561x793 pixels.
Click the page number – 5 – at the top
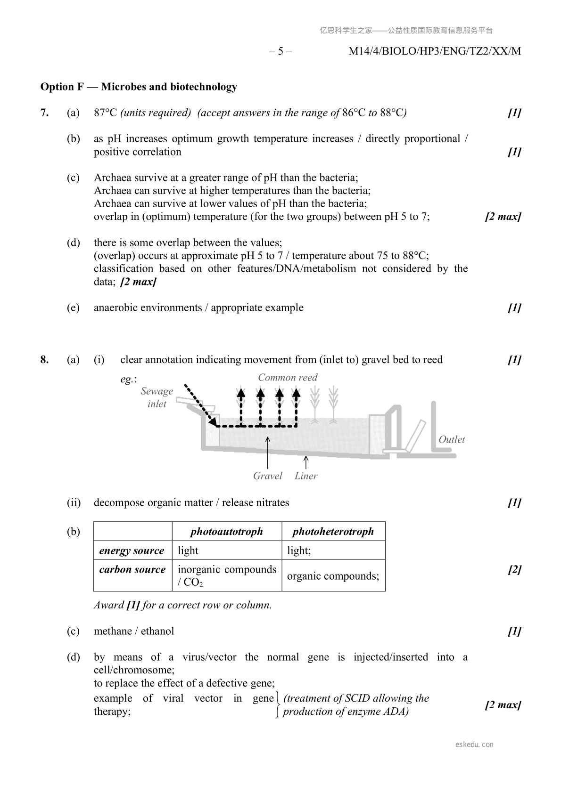click(x=280, y=51)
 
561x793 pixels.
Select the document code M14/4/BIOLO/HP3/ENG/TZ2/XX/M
click(x=435, y=51)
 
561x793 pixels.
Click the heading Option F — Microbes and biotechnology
click(x=139, y=87)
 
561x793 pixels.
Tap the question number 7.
click(x=44, y=113)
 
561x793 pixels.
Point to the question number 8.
click(x=44, y=360)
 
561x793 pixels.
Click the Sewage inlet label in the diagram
click(x=157, y=397)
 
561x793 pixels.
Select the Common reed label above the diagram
click(x=288, y=377)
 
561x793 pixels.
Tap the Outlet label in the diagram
click(x=452, y=439)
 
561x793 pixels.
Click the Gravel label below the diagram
click(x=267, y=476)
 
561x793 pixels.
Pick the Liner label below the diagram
click(x=306, y=476)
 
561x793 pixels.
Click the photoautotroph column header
click(x=227, y=532)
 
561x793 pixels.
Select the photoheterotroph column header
click(x=333, y=532)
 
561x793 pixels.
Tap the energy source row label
click(x=132, y=550)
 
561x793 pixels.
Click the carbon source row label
click(x=132, y=569)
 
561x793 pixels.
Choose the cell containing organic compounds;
click(x=333, y=576)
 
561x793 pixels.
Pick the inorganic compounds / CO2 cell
click(x=227, y=575)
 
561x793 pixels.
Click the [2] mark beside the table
click(x=514, y=569)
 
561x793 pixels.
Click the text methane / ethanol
click(x=134, y=631)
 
